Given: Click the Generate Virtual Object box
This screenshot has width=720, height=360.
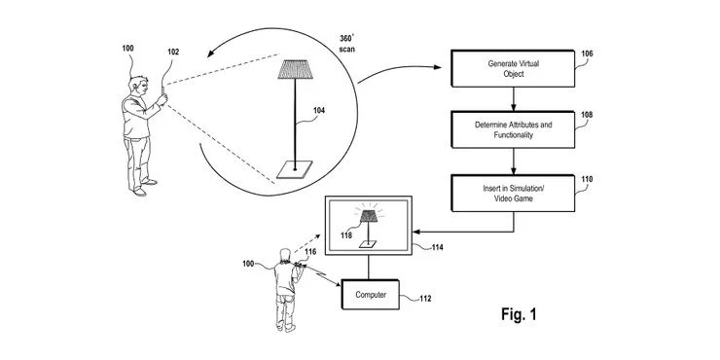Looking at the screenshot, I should (513, 69).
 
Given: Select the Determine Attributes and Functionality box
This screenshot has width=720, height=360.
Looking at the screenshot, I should (513, 131).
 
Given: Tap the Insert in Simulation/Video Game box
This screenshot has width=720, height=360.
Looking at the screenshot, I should (513, 193).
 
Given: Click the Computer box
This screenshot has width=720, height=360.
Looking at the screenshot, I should (371, 293).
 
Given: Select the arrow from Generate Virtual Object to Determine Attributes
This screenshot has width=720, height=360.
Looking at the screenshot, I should (513, 98).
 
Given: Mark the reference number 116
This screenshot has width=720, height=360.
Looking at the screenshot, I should (310, 252).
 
